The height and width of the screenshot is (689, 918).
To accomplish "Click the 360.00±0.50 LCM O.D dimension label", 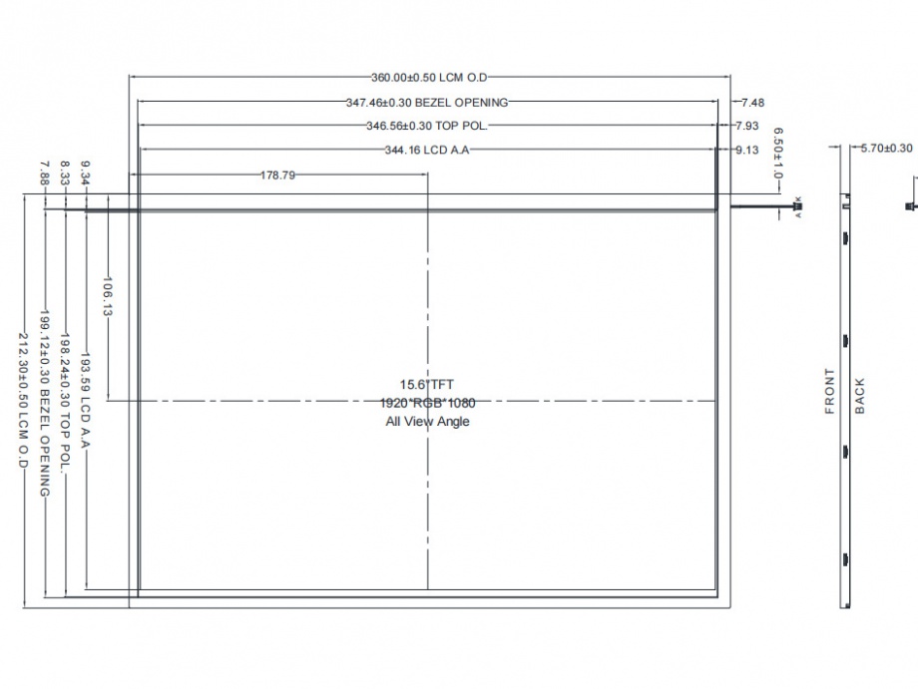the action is click(429, 77).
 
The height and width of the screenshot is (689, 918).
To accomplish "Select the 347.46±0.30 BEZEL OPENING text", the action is click(427, 103).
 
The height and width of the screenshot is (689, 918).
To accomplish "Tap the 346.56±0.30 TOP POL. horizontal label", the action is click(427, 126).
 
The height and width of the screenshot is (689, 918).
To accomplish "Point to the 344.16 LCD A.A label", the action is click(427, 151).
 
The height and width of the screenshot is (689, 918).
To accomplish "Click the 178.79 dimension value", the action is click(277, 174).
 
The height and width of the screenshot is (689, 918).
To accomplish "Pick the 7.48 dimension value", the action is click(753, 103).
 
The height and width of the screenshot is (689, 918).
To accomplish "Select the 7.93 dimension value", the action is click(747, 126).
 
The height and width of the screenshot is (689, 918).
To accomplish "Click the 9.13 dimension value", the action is click(747, 151).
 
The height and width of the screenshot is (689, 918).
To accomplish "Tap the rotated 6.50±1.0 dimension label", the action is click(778, 154).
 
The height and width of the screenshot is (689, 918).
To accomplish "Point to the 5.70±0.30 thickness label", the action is click(886, 149).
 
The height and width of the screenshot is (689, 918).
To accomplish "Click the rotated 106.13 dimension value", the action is click(107, 296).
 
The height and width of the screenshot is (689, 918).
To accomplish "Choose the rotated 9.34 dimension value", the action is click(86, 172).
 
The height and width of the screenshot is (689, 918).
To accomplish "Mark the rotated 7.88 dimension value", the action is click(45, 173).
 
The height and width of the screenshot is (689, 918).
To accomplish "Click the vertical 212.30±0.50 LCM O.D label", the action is click(23, 401).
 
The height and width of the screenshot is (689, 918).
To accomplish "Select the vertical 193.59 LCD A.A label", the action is click(86, 400).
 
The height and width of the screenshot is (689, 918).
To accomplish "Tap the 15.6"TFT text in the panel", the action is click(427, 385).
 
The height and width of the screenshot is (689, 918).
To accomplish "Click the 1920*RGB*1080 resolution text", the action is click(427, 403).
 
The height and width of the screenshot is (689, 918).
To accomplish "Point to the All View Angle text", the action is click(427, 421).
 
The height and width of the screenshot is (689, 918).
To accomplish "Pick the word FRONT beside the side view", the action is click(829, 391).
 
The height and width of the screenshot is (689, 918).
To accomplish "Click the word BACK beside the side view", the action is click(859, 396).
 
